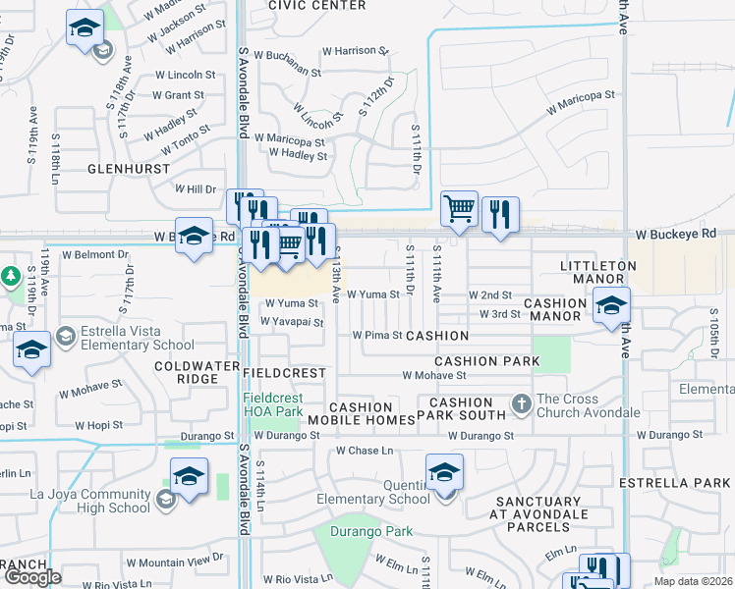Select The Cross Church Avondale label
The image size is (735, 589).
click(x=588, y=405)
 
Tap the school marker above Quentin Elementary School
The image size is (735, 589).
click(x=444, y=472)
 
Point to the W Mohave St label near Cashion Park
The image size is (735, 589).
click(x=431, y=375)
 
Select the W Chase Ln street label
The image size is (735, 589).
click(x=364, y=451)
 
